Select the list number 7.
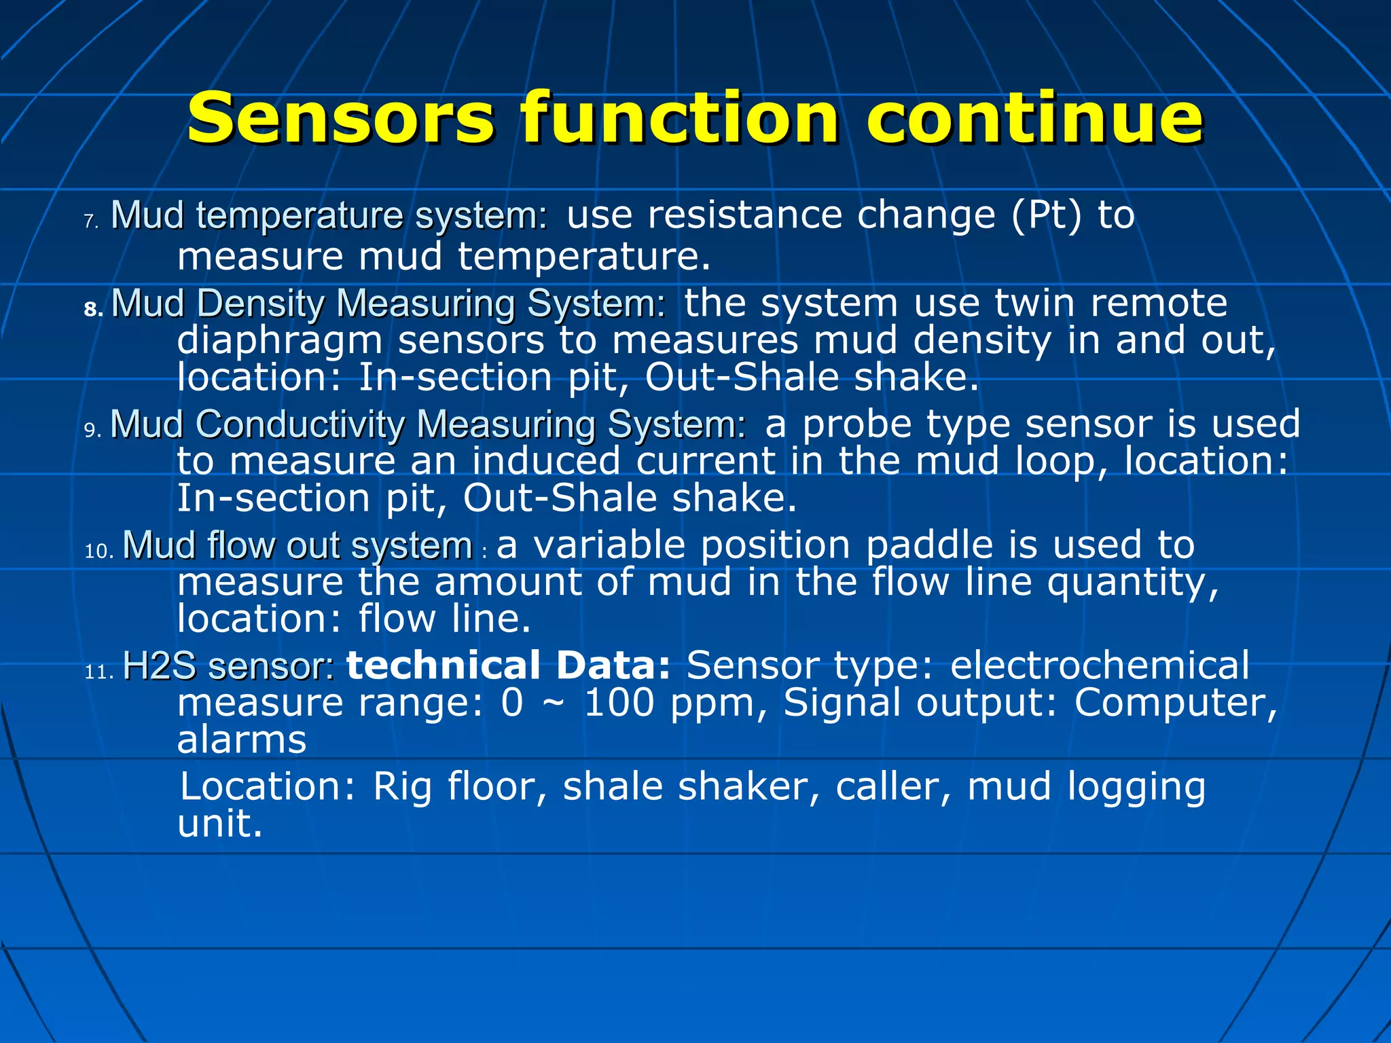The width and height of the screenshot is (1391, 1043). pyautogui.click(x=92, y=221)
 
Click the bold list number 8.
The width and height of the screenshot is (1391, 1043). pyautogui.click(x=93, y=310)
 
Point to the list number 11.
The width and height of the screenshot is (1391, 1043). pyautogui.click(x=99, y=672)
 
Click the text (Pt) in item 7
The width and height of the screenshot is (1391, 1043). pyautogui.click(x=1046, y=216)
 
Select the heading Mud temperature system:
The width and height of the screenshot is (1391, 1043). pyautogui.click(x=329, y=216)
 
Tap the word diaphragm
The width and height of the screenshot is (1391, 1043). pyautogui.click(x=279, y=341)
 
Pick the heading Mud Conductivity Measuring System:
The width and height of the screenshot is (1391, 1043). pyautogui.click(x=428, y=424)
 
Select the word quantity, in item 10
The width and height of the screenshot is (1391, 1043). pyautogui.click(x=1132, y=583)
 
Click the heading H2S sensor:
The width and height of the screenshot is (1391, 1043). pyautogui.click(x=228, y=666)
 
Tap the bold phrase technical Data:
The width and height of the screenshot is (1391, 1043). pyautogui.click(x=509, y=665)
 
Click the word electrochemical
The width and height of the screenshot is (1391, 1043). pyautogui.click(x=1099, y=665)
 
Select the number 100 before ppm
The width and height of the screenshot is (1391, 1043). pyautogui.click(x=619, y=703)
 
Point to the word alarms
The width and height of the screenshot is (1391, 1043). pyautogui.click(x=242, y=740)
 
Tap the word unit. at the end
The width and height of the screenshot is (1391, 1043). pyautogui.click(x=219, y=824)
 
